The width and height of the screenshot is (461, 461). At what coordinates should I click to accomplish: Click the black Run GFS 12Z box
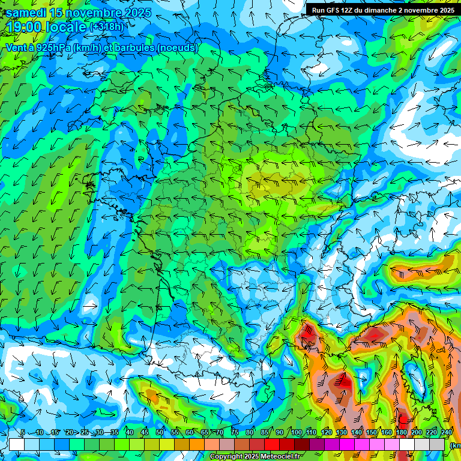pos(383,10)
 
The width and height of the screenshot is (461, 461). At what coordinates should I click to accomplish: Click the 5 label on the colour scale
pos(23,432)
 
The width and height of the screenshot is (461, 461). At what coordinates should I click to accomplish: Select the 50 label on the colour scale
pos(160,432)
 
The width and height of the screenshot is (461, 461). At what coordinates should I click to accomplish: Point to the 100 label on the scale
pos(296,432)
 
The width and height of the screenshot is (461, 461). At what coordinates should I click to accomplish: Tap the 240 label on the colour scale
pos(447,432)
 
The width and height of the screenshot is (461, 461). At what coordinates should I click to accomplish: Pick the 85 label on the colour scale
pos(265,432)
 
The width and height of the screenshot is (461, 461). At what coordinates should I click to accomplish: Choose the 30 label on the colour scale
pos(99,432)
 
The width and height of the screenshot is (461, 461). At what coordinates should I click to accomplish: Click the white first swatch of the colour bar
pos(16,444)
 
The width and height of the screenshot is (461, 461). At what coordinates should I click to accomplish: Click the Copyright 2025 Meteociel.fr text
pos(255,457)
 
